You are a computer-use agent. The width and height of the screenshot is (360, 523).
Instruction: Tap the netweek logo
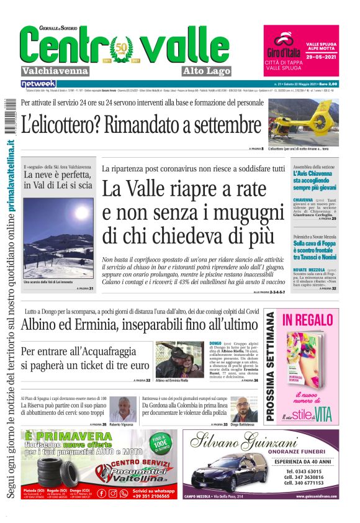point(38,83)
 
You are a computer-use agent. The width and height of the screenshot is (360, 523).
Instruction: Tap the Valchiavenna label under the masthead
point(55,71)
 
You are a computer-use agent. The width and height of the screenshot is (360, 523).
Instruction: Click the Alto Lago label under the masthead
point(207,71)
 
